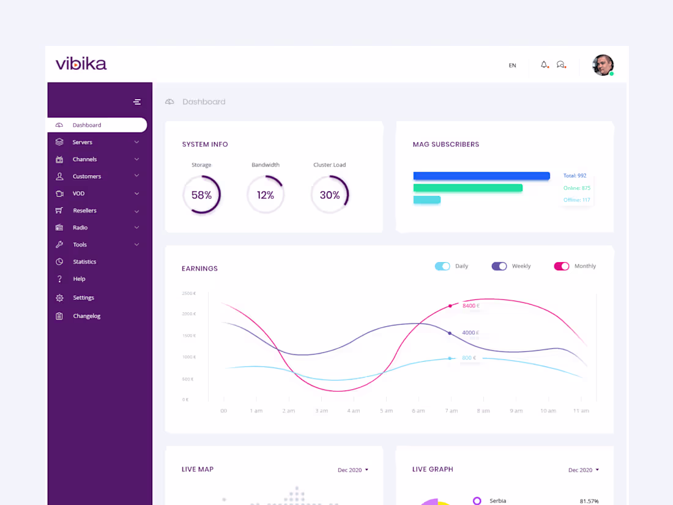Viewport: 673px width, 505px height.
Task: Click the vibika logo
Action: coord(81,64)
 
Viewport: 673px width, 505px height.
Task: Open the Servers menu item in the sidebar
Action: coord(83,142)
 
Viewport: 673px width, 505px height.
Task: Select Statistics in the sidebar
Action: coord(84,262)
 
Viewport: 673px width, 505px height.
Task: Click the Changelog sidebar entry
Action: coord(86,316)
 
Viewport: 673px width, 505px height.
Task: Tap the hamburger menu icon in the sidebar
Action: coord(137,102)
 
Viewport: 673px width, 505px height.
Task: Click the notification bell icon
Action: coord(544,65)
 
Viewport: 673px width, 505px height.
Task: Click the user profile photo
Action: coord(603,65)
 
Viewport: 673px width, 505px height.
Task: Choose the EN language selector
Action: coord(513,65)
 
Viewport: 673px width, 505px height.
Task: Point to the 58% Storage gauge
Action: coord(201,195)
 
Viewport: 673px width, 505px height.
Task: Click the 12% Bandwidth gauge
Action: coord(266,195)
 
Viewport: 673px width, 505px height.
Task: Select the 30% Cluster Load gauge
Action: coord(330,195)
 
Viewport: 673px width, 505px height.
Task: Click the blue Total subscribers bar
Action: coord(482,176)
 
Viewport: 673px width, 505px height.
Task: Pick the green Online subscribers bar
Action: coord(468,188)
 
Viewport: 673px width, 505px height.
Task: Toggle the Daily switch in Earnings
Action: coord(442,266)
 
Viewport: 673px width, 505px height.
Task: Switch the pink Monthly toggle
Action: coord(562,266)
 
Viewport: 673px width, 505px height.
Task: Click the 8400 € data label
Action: coord(470,305)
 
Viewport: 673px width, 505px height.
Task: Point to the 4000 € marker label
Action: coord(470,333)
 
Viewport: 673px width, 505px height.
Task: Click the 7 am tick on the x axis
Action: coord(452,411)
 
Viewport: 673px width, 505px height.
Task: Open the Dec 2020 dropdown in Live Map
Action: coord(353,470)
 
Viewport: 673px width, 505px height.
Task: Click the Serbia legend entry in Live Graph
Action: coord(497,501)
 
